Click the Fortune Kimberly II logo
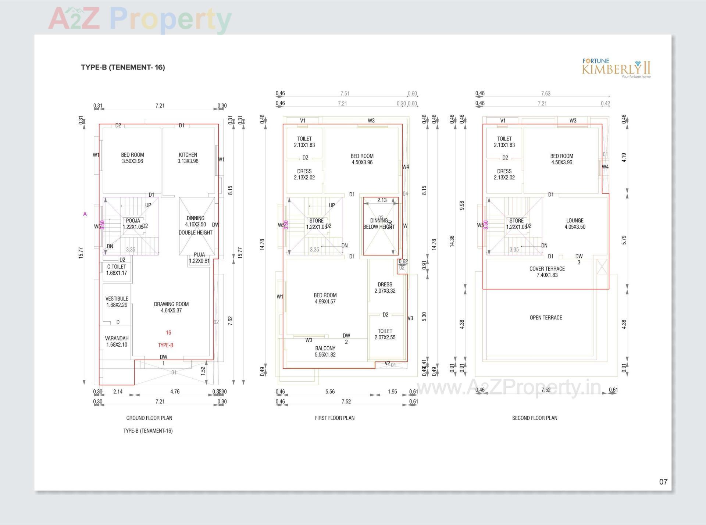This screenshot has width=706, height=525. (616, 68)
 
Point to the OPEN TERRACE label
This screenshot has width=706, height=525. (546, 318)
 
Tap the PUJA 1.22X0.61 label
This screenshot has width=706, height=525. (199, 258)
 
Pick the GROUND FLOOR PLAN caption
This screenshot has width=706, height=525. (149, 418)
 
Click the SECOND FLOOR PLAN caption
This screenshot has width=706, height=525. (534, 418)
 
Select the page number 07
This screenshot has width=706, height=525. (663, 482)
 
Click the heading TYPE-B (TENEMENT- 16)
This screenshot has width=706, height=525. (123, 67)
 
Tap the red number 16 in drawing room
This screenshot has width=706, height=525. (168, 333)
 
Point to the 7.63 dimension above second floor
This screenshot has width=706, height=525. (546, 94)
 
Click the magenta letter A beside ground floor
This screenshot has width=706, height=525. (85, 214)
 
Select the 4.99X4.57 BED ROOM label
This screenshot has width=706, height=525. (325, 298)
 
